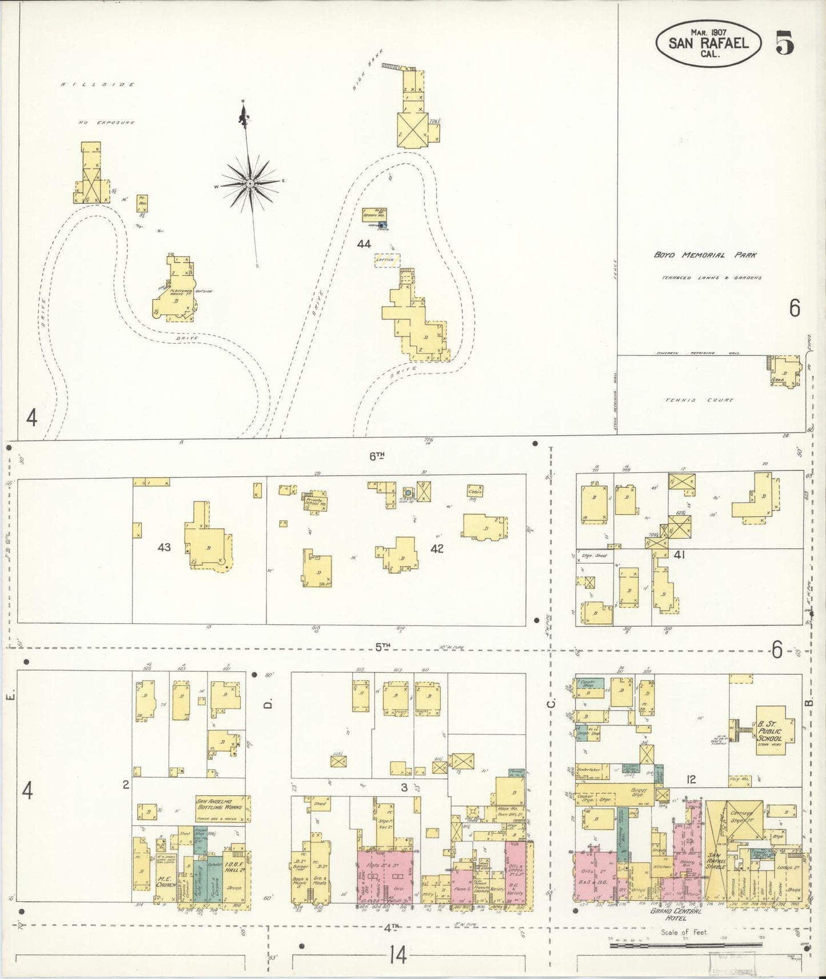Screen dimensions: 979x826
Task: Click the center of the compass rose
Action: (x=250, y=183)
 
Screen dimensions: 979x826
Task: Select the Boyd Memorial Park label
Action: (x=705, y=255)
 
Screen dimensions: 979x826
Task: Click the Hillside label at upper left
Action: (x=99, y=85)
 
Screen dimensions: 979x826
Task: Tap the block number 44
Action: (x=364, y=244)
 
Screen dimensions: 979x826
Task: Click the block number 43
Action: (x=165, y=547)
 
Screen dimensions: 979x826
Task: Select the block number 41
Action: (x=679, y=554)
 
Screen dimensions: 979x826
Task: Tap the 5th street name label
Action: (x=382, y=647)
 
